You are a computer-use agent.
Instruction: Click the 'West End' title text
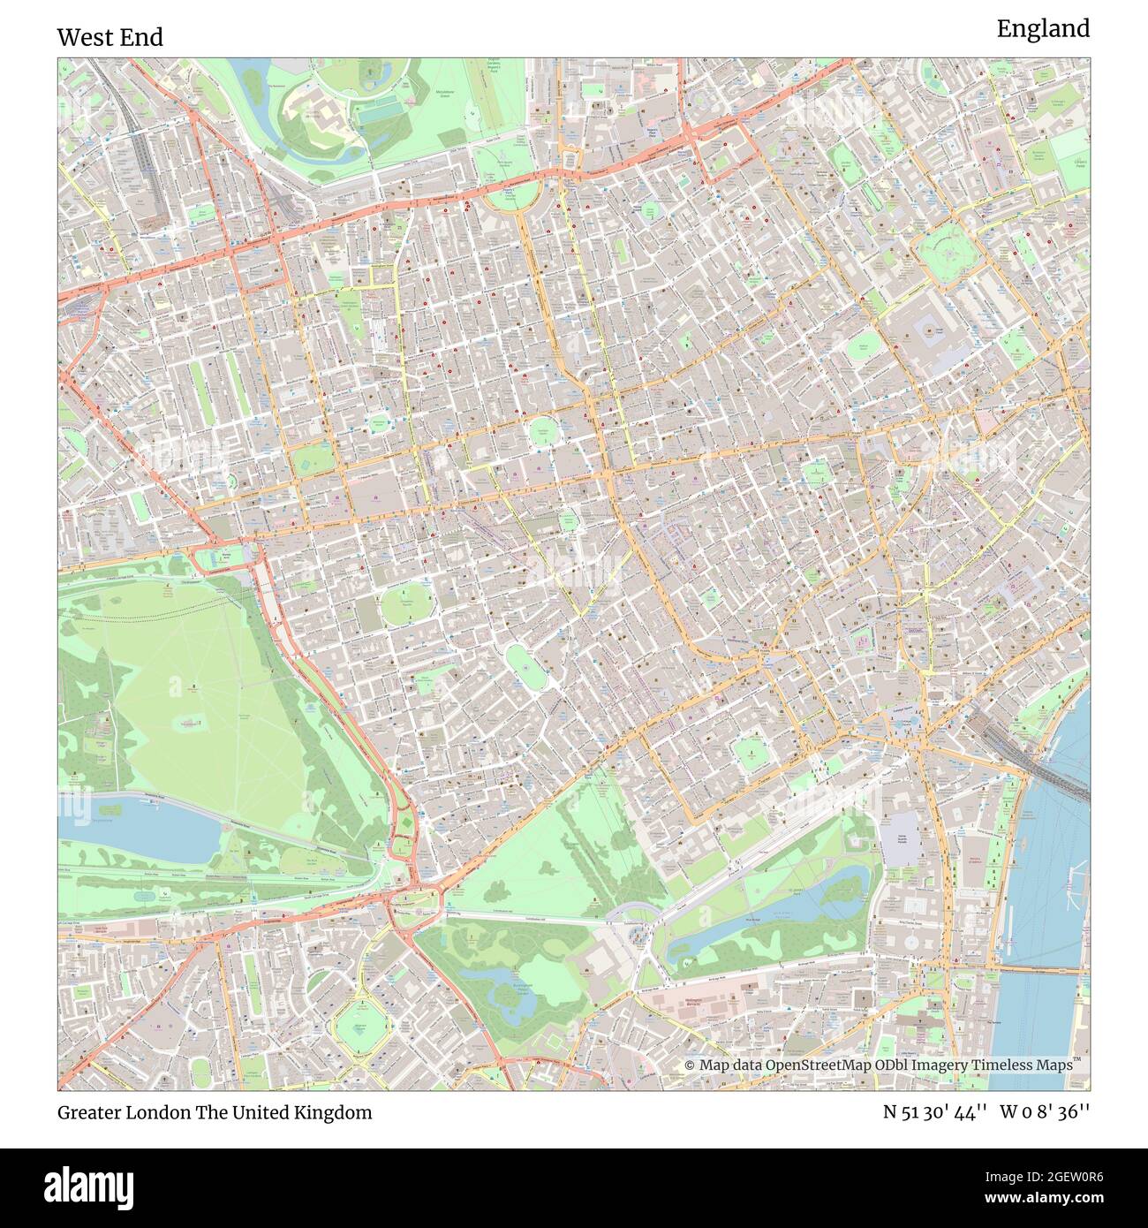[x=110, y=38]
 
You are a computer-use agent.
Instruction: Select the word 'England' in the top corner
[x=1043, y=29]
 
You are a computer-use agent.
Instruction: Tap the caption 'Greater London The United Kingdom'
[x=215, y=1112]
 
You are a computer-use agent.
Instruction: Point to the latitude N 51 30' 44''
[x=937, y=1112]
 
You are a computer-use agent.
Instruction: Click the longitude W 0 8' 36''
[x=1045, y=1112]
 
